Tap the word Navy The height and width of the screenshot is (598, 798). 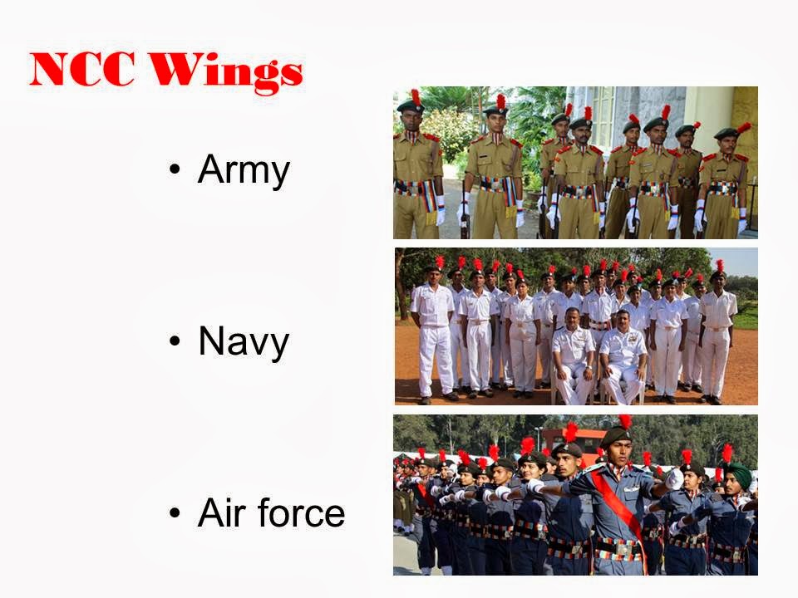pyautogui.click(x=244, y=341)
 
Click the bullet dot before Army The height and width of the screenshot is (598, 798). pyautogui.click(x=174, y=172)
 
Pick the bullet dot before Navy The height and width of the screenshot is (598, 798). pyautogui.click(x=174, y=341)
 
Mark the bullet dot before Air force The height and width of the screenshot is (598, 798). pyautogui.click(x=174, y=513)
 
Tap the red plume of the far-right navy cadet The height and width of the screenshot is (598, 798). pyautogui.click(x=719, y=265)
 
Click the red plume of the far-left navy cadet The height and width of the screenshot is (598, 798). pyautogui.click(x=439, y=262)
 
